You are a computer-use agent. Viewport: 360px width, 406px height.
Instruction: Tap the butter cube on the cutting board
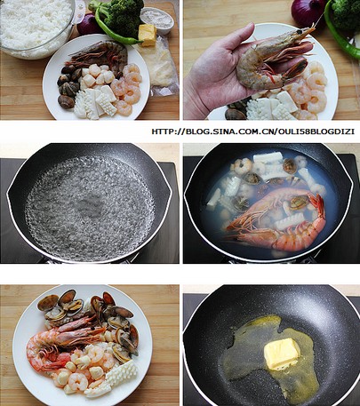148,36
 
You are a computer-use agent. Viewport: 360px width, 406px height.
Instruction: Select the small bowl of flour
157,20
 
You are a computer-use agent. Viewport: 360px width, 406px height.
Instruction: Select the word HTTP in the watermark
162,131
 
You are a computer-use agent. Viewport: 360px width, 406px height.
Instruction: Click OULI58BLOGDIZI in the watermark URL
316,131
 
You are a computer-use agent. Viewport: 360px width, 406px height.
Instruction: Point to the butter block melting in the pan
281,354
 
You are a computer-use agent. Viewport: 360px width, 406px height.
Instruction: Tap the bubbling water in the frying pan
90,208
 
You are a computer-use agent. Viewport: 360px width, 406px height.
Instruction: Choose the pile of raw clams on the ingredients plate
68,86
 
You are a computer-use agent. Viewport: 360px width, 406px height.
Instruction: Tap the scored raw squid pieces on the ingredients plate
95,103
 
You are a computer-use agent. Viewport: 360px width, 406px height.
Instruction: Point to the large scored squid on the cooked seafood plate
122,372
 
